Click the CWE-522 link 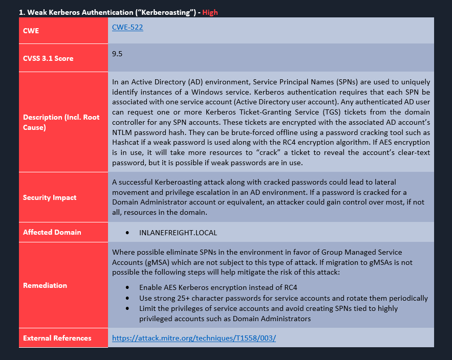point(127,28)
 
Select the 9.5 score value point(118,53)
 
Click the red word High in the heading point(210,12)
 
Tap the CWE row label point(31,31)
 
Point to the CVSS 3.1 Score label point(48,58)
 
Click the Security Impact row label point(50,197)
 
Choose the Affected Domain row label point(52,232)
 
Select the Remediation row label point(45,285)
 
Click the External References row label point(57,338)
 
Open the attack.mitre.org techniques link point(194,339)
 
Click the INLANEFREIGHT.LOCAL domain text point(178,233)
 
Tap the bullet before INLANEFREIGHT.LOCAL point(127,233)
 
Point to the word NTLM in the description point(123,122)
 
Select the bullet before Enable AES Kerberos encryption point(127,287)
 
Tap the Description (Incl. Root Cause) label point(61,122)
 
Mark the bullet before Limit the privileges point(127,308)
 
